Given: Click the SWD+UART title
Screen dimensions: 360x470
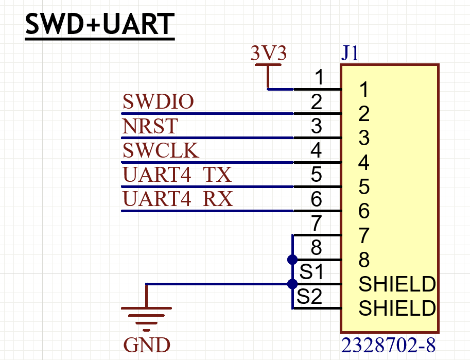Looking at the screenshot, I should pos(100,24).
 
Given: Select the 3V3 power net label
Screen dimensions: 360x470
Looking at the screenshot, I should pos(268,54).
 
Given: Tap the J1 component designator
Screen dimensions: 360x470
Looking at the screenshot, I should pos(351,54).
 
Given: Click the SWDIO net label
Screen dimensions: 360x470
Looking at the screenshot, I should pos(158,102).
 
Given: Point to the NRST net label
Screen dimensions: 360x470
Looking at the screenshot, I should pos(150,126).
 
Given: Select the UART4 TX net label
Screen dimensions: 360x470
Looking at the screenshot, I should pos(177,175).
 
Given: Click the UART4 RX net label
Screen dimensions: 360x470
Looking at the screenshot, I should pos(178,199).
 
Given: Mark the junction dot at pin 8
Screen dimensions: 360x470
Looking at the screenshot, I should pos(292,259).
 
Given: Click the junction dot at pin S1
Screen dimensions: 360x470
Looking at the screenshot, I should pos(292,284).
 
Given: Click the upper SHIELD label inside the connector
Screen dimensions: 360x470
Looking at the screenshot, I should pos(397,284).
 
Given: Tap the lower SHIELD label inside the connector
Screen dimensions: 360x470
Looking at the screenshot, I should pos(397,309).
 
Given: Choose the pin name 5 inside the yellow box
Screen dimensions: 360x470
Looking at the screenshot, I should pos(364,187).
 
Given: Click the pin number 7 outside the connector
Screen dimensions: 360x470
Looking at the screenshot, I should pos(317,224).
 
